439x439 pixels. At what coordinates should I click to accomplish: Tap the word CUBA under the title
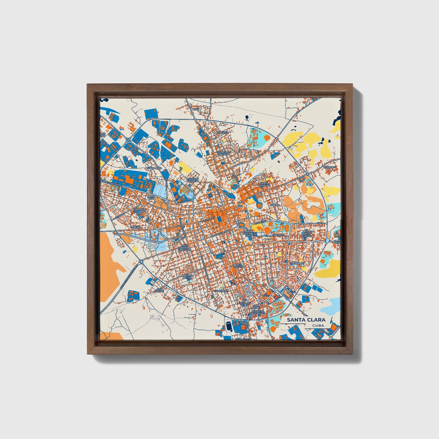tap(317, 326)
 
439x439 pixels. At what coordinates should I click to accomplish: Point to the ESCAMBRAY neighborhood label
tap(297, 263)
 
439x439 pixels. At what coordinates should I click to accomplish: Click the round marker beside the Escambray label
tap(286, 261)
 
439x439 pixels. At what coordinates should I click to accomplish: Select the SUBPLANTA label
tap(154, 168)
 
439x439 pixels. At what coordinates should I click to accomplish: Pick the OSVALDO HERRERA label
tap(193, 180)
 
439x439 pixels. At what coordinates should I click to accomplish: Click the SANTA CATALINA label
tap(264, 185)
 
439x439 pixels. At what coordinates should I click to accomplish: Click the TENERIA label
tap(135, 227)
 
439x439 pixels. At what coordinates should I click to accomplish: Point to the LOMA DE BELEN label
tap(244, 304)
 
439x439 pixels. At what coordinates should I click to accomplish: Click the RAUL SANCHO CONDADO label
tap(186, 248)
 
